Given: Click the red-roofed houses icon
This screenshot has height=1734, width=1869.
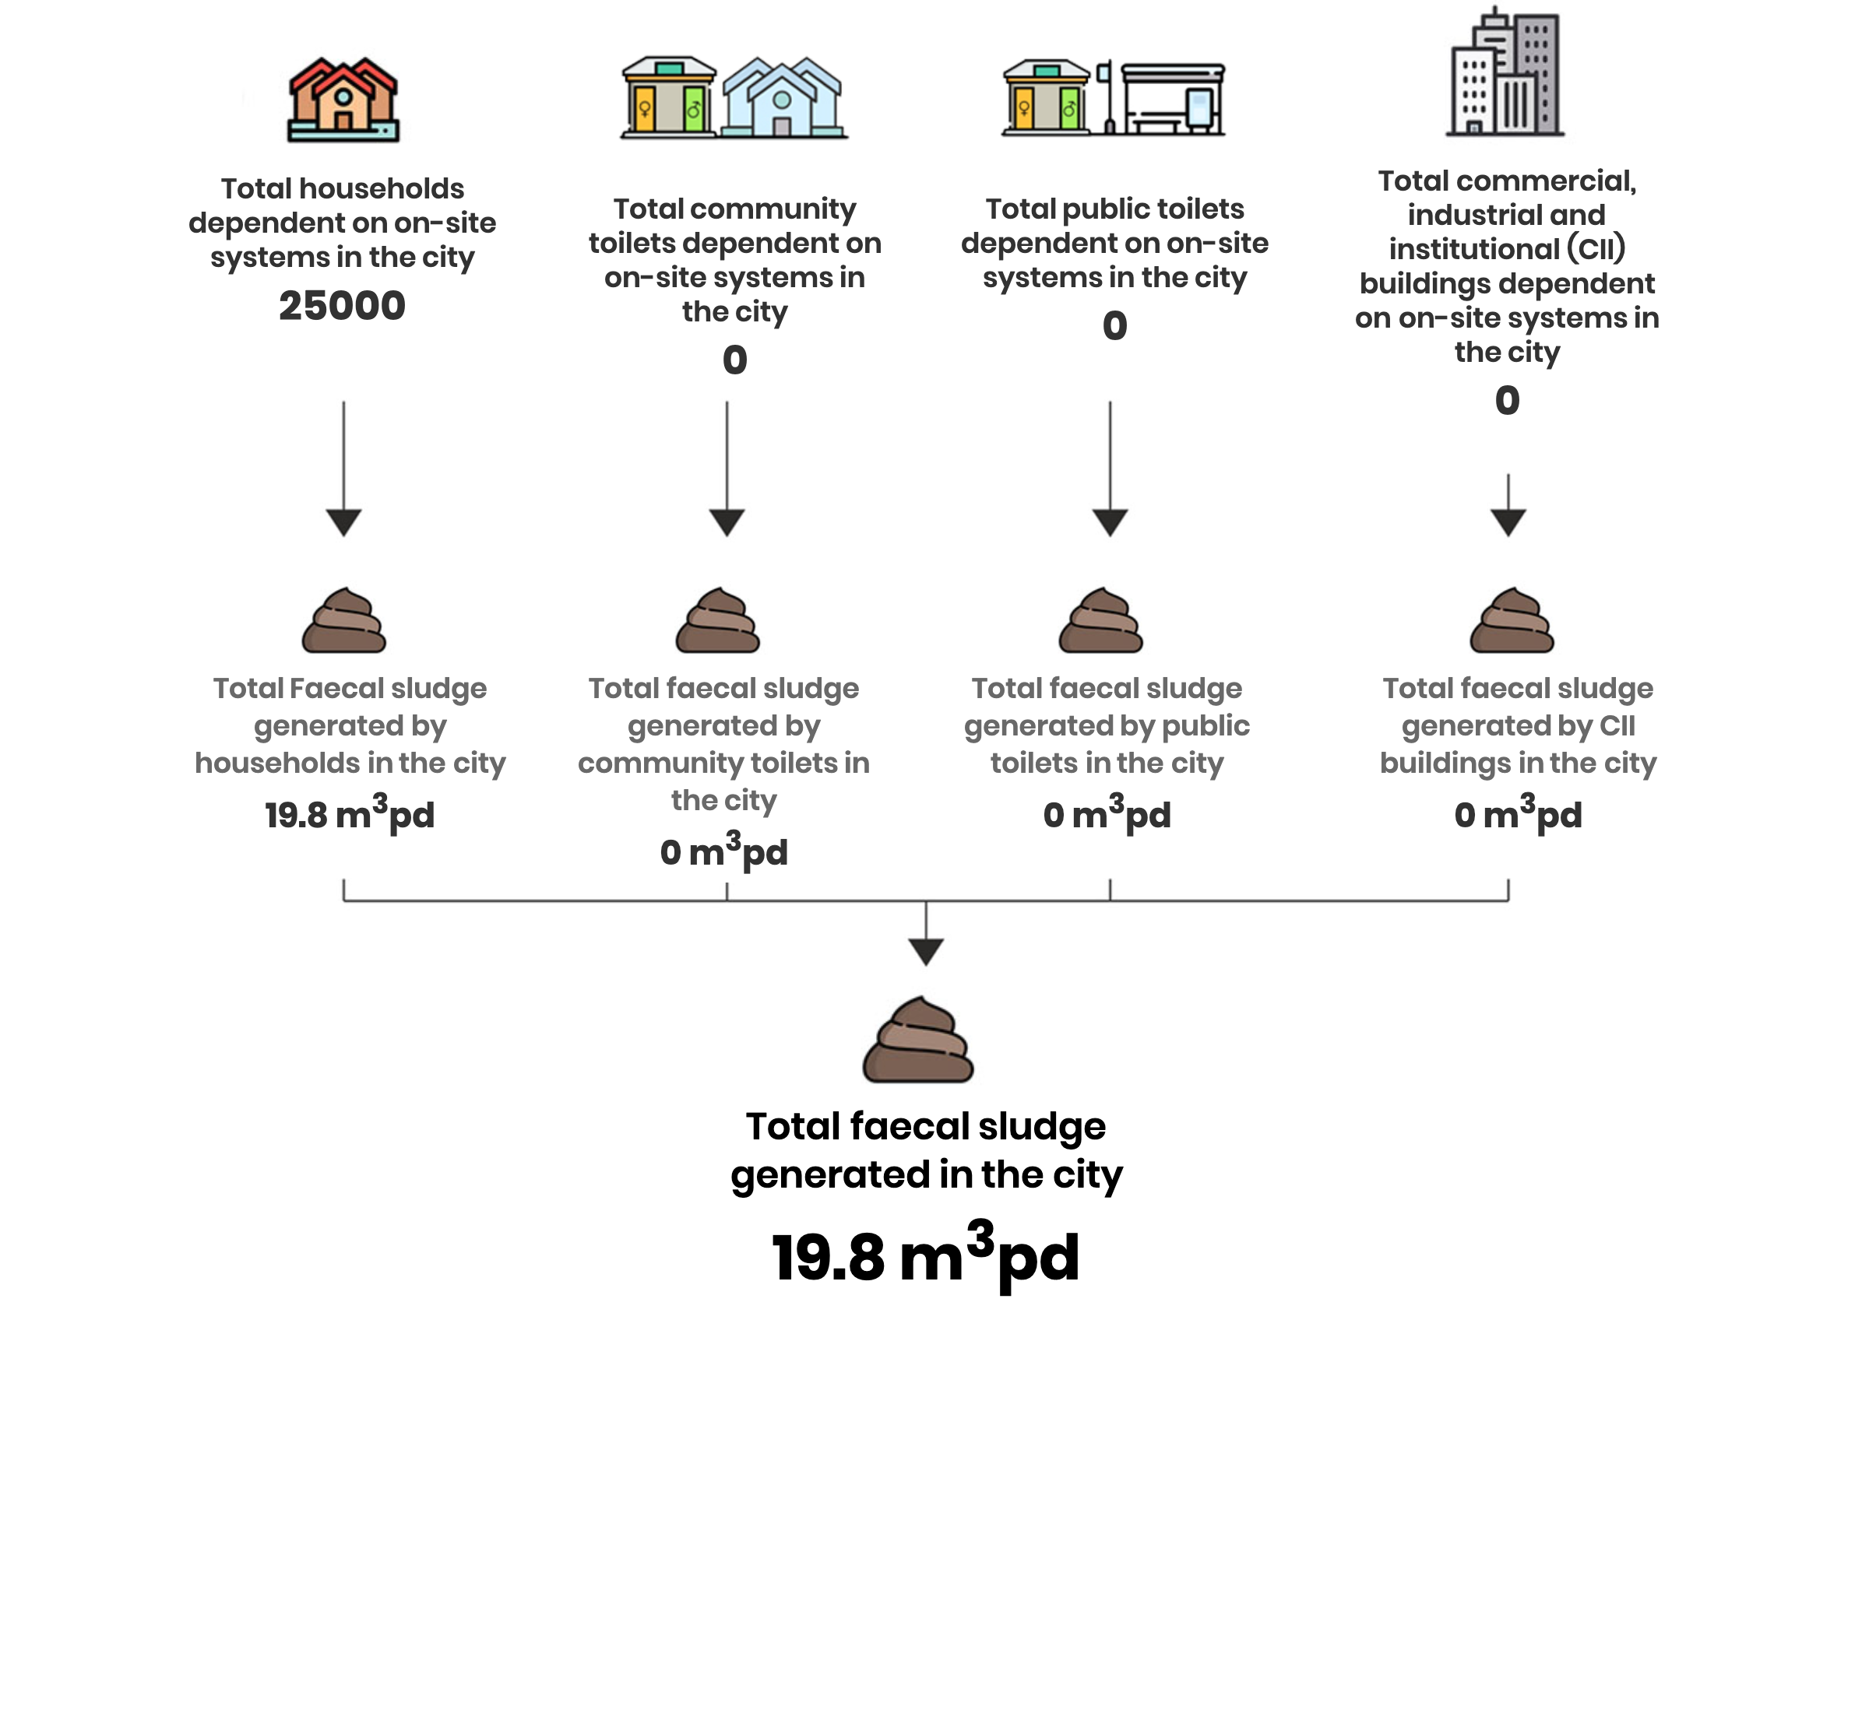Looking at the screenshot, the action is (x=343, y=100).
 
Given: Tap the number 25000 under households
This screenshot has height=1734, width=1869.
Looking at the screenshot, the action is (x=342, y=306).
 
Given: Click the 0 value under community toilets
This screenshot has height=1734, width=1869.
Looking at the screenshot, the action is (x=735, y=360).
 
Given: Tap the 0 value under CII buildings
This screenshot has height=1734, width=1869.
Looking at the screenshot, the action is (x=1507, y=401).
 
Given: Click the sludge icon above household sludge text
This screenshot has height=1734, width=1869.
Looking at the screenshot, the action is (x=343, y=620).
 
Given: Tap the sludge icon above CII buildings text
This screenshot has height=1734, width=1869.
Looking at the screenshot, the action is (x=1512, y=620).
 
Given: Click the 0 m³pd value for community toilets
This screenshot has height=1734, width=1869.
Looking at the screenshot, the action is (x=723, y=850).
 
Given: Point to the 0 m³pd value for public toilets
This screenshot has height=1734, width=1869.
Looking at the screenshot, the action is (x=1107, y=813).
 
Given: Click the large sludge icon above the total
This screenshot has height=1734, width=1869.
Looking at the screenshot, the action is (x=918, y=1040).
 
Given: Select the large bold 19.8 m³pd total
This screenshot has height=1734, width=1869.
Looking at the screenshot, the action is (x=926, y=1255).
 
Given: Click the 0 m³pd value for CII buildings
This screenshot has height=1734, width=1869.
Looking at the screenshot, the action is (x=1518, y=813).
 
